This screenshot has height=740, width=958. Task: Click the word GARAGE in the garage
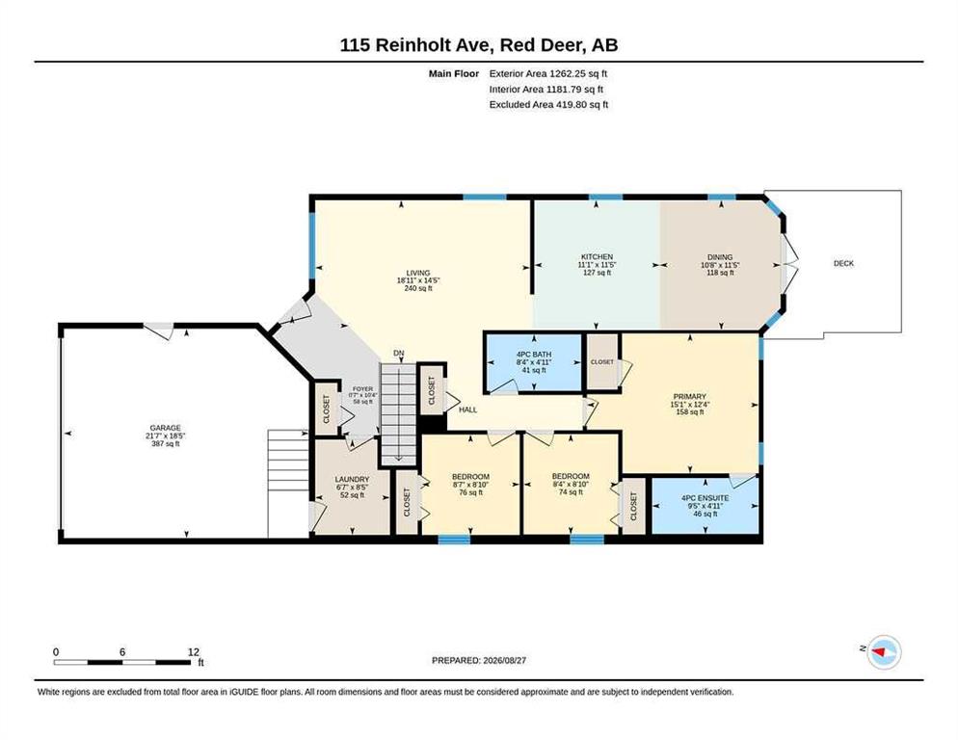(x=166, y=428)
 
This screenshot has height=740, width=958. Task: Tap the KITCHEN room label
(x=597, y=256)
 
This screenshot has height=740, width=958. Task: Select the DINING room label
(x=720, y=257)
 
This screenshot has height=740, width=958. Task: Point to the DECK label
(x=843, y=263)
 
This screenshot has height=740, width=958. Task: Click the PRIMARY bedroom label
(x=690, y=397)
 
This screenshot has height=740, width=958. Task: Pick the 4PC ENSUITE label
(x=705, y=498)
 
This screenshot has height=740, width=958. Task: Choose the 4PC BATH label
(x=534, y=355)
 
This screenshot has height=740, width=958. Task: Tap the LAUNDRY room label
(x=352, y=480)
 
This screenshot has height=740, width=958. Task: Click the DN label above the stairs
(x=399, y=354)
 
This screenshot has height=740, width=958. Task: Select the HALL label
(x=468, y=410)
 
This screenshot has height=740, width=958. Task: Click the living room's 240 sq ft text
(x=418, y=288)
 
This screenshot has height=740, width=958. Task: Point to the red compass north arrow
(x=879, y=652)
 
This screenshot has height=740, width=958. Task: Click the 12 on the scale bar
(x=194, y=652)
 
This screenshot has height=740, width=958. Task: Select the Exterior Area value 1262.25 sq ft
(x=578, y=73)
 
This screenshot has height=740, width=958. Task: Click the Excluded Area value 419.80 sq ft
(x=582, y=104)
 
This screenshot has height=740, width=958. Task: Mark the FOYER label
(x=362, y=389)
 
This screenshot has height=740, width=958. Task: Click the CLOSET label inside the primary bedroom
(x=601, y=362)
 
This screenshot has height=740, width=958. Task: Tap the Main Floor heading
(x=454, y=73)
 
